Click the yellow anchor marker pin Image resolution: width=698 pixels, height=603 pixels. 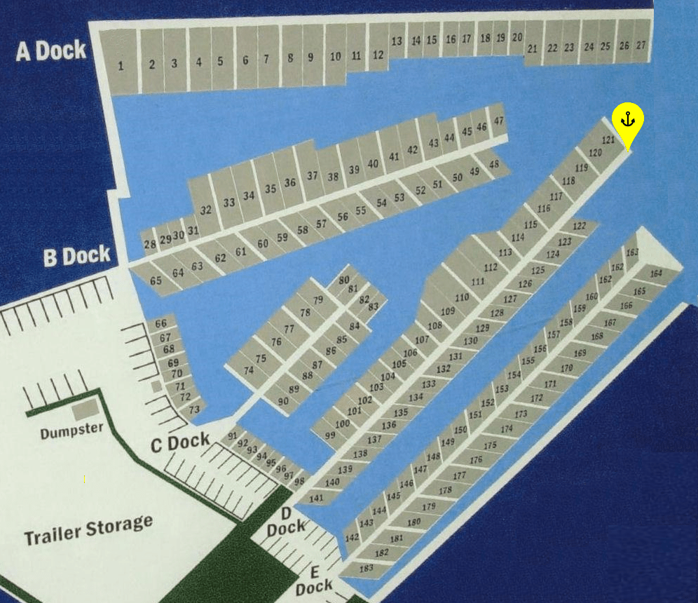point(627,122)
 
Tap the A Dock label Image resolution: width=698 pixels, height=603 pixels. point(51,50)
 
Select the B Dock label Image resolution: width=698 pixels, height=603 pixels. point(77,257)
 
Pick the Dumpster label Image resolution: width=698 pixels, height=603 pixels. point(71,430)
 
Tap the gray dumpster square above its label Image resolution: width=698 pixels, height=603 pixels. point(85,407)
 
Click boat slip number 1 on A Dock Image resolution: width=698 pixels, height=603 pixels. point(121,66)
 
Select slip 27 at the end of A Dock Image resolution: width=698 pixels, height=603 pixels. point(641,46)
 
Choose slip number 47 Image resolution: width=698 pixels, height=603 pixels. point(498,121)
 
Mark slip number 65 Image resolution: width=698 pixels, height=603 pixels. point(156,280)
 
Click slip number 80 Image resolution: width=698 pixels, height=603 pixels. point(343,280)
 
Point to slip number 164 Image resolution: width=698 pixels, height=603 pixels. point(656,273)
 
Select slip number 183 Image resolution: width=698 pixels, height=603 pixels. point(366,568)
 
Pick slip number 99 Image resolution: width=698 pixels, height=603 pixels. point(330,435)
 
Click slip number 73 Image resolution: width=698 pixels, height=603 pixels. point(194,409)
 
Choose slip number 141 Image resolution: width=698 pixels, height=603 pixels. point(316,498)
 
